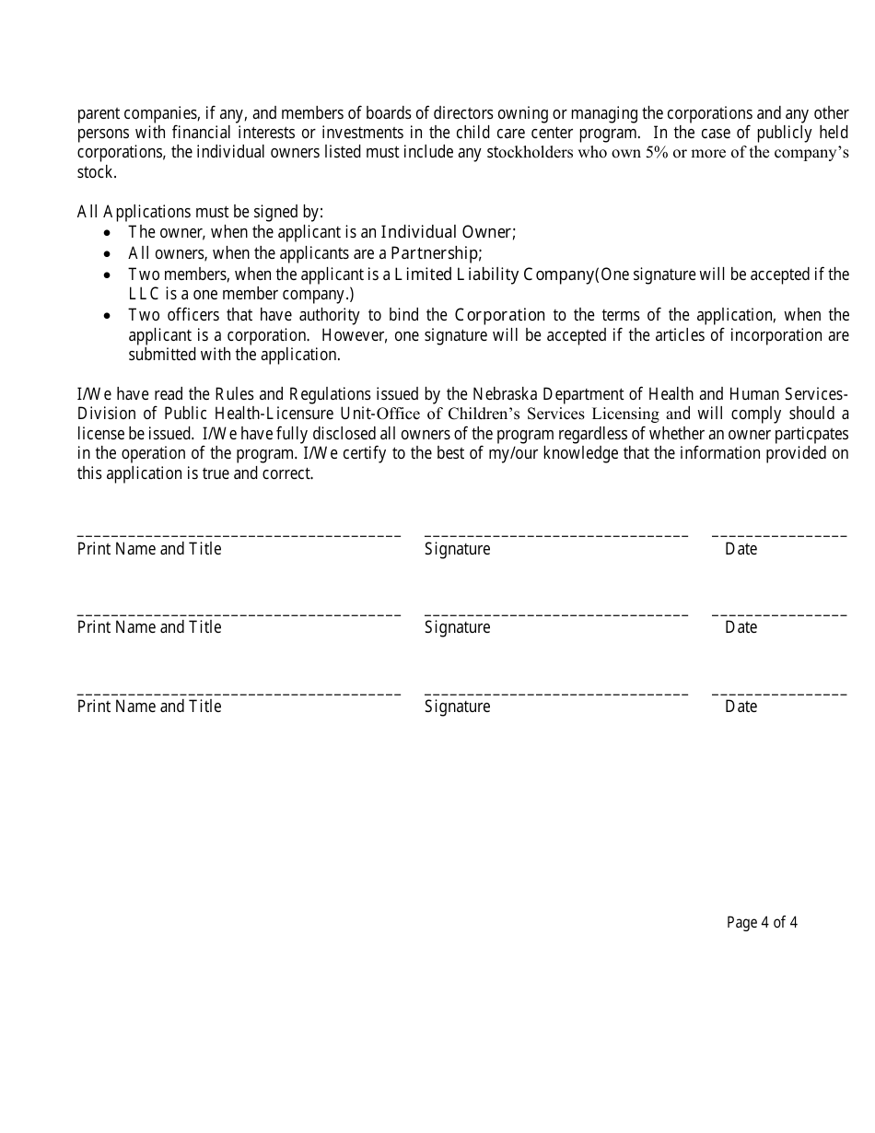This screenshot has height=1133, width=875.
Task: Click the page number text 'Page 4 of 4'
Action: coord(762,922)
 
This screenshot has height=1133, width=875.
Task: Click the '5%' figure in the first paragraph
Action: coord(653,153)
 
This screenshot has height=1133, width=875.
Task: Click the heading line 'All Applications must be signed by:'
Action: coord(200,212)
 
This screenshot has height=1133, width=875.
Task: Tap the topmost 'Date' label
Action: coord(741,550)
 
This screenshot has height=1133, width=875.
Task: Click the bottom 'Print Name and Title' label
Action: coord(149,707)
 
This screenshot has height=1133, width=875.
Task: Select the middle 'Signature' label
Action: coord(457,628)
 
